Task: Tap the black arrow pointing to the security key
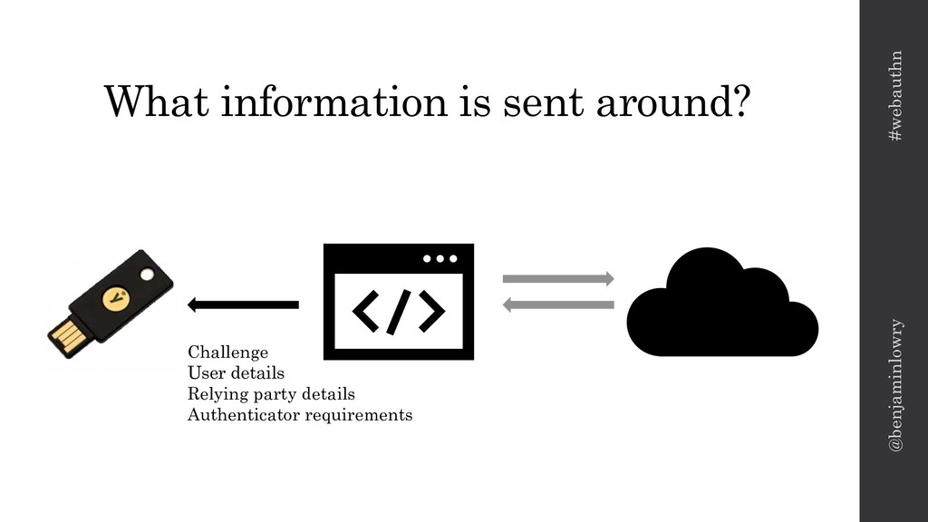coord(243,304)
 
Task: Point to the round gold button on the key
coord(115,295)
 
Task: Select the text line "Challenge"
coord(227,351)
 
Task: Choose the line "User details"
coord(236,372)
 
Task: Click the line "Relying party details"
coord(271,394)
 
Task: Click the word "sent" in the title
coord(543,101)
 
